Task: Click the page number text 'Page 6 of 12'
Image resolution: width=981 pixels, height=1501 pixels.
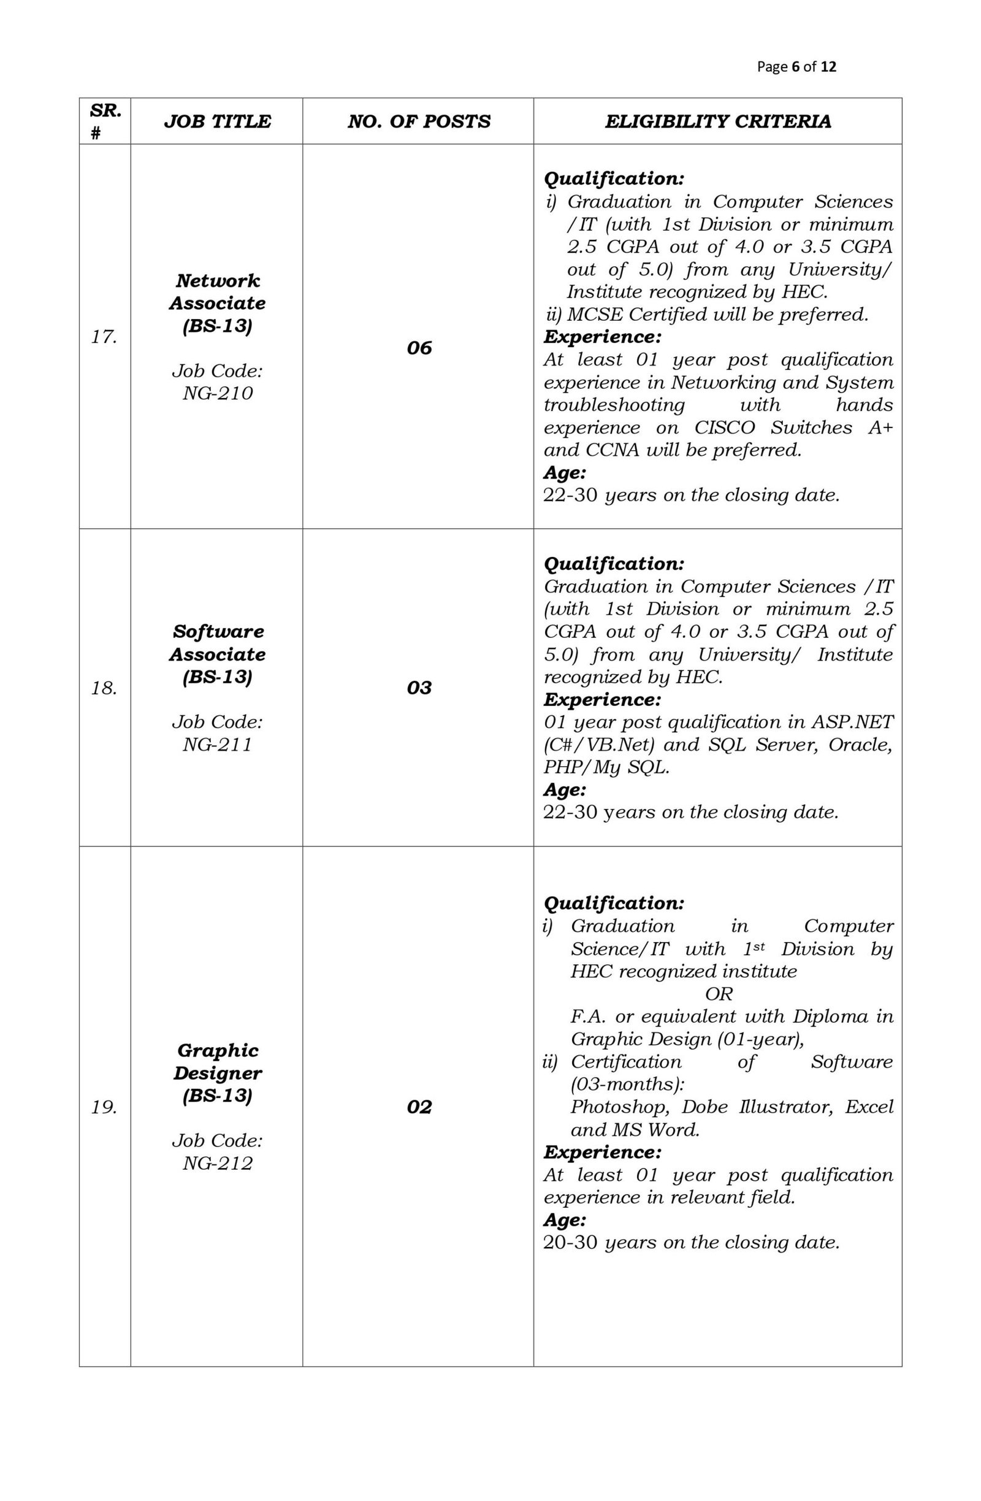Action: [796, 67]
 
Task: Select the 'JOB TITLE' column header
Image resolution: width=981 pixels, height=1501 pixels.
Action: [217, 121]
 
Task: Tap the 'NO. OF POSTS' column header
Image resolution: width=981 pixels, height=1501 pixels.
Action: [418, 121]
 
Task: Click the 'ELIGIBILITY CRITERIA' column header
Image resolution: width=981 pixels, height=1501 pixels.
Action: [717, 121]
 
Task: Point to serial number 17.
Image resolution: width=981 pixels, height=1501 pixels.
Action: [104, 337]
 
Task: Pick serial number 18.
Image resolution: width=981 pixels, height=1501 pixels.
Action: [104, 688]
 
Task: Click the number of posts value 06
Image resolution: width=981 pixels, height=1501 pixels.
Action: [419, 348]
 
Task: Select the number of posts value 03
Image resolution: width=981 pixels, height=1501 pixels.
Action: [419, 688]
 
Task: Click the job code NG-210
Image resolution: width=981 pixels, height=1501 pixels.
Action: [217, 393]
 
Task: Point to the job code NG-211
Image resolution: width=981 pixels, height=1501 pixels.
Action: [217, 744]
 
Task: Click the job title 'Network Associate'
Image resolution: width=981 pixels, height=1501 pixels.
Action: [217, 291]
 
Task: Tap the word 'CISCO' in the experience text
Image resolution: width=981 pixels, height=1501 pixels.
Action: [723, 428]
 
